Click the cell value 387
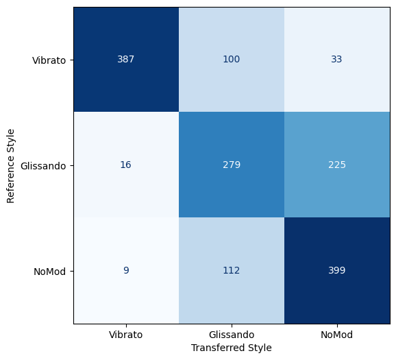tap(126, 59)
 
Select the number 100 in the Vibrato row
tap(232, 59)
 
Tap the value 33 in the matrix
tap(336, 59)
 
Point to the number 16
tap(125, 165)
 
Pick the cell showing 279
tap(232, 165)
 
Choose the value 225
tap(337, 165)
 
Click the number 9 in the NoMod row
tap(126, 270)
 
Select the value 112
tap(232, 270)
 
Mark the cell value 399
tap(337, 270)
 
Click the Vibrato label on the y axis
tap(49, 60)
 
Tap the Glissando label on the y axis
tap(43, 166)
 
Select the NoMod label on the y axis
tap(50, 272)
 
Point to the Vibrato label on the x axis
tap(126, 335)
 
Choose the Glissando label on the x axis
tap(232, 335)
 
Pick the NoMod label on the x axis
tap(336, 335)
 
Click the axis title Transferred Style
tap(232, 348)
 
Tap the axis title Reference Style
tap(10, 166)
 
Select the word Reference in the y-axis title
tap(10, 181)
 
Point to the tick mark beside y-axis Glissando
tap(72, 166)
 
